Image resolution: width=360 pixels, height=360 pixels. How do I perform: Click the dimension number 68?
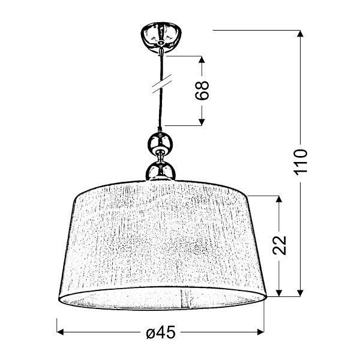tap(202, 91)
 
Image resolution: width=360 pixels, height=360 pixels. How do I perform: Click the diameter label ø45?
tap(160, 332)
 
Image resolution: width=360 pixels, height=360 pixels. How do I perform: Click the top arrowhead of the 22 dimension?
tap(279, 200)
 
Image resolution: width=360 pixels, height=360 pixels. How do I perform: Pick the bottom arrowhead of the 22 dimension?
tap(279, 292)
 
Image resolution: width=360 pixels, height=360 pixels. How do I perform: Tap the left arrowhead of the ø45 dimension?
tap(61, 332)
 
